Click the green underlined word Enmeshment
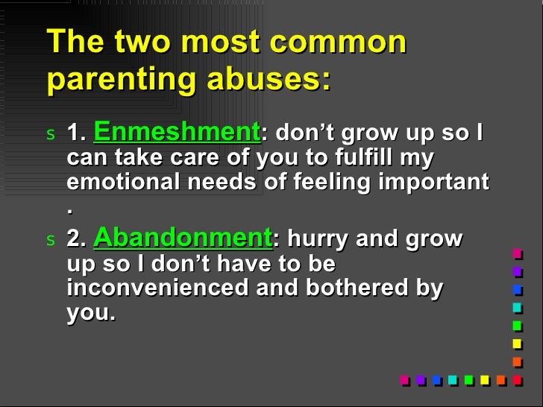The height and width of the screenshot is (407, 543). [175, 133]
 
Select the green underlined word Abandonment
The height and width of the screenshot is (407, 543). [183, 238]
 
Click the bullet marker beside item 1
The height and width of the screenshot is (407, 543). [50, 135]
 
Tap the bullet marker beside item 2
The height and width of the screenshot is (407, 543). [50, 240]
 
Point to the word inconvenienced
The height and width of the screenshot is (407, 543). [158, 288]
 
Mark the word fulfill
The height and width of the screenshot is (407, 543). [381, 158]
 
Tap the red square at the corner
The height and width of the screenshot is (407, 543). [517, 379]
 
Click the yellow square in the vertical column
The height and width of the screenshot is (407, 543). [517, 343]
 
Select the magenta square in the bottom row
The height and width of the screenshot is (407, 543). [404, 379]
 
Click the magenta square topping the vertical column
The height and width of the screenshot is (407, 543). [517, 253]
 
